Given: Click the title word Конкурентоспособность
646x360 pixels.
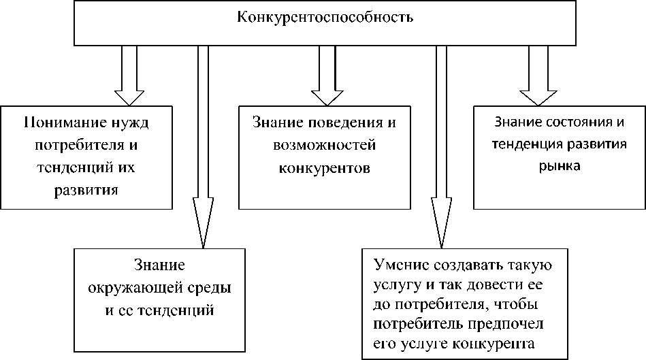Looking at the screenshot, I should [325, 17].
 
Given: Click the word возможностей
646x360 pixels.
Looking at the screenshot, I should [324, 146].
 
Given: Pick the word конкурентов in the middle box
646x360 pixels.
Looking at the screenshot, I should [324, 168].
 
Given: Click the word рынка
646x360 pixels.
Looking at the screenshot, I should [560, 165].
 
